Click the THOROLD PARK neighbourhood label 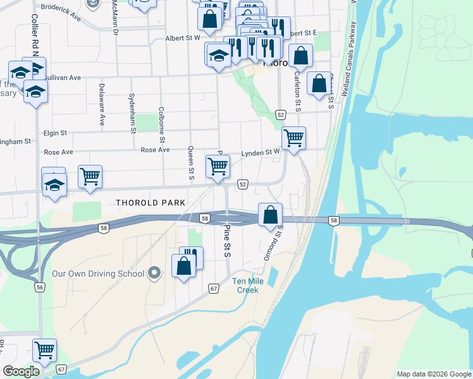click(150, 203)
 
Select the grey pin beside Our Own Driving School click(154, 274)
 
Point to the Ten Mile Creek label click(247, 286)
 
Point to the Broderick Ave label click(60, 13)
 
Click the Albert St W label click(182, 38)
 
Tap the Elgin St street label click(56, 133)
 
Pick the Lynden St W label click(260, 153)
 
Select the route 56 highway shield click(40, 287)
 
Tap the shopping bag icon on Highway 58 click(270, 214)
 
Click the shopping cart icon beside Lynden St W click(293, 138)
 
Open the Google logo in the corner click(21, 371)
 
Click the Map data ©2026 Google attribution click(433, 374)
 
